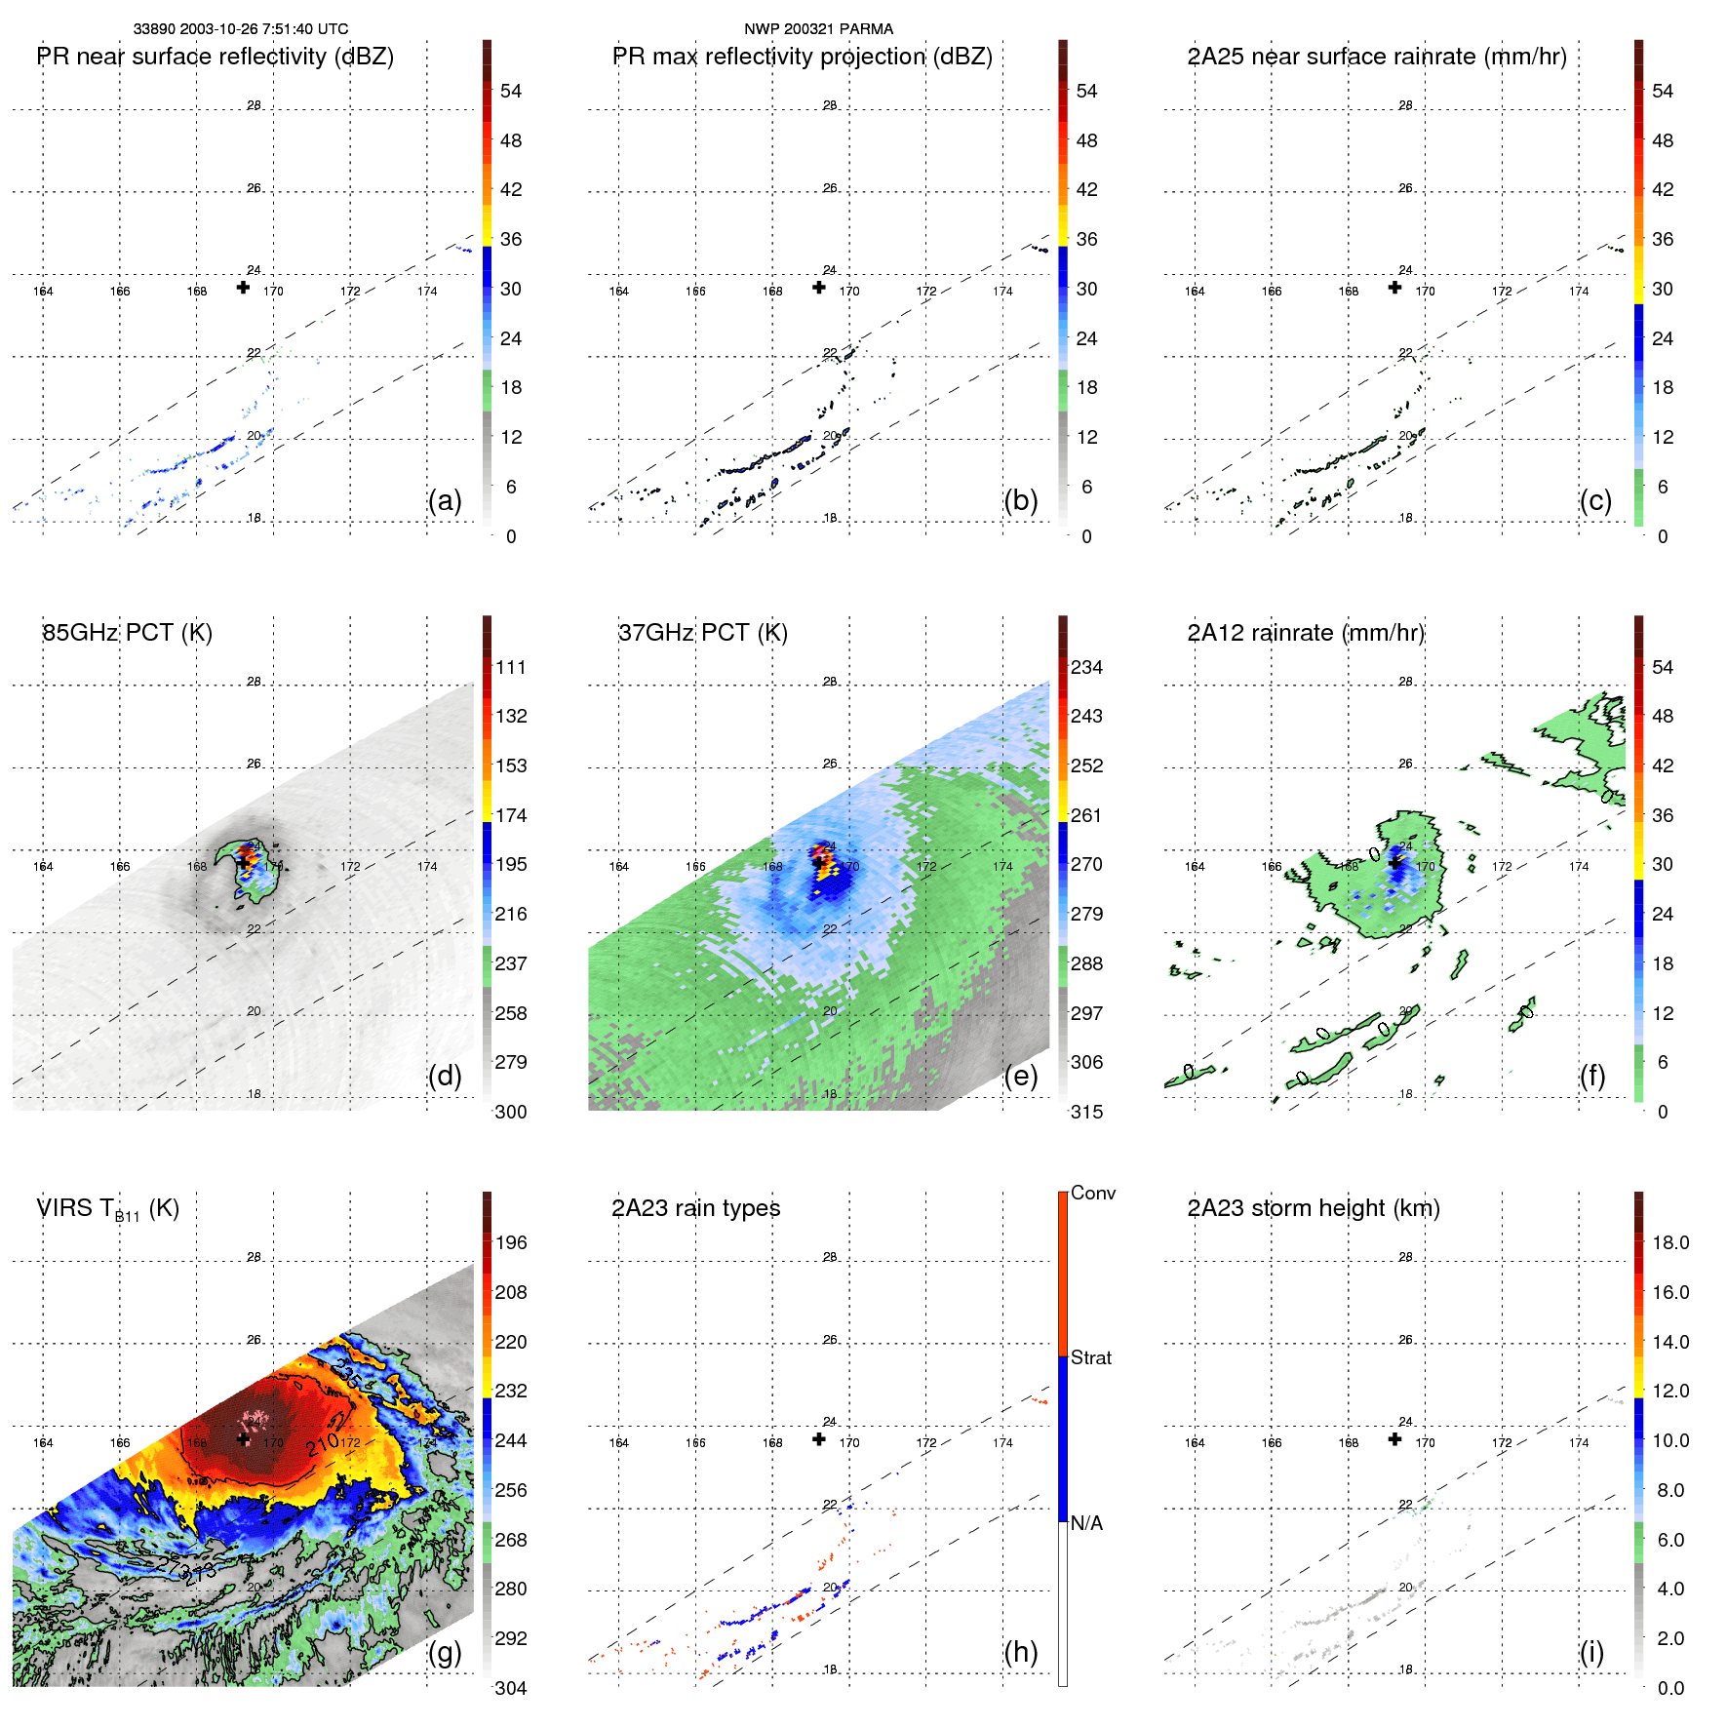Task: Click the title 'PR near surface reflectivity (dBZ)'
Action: click(216, 57)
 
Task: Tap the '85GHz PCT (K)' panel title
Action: click(128, 633)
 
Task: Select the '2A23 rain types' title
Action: click(696, 1208)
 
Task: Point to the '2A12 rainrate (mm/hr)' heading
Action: click(1306, 633)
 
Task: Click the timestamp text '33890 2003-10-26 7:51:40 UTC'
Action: click(241, 29)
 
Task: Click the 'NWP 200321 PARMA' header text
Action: click(819, 29)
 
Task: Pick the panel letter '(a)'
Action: click(445, 500)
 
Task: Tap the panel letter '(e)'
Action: click(1021, 1076)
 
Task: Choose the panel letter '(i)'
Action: click(1591, 1652)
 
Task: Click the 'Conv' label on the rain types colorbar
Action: click(1093, 1193)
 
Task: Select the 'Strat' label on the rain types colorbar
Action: click(1091, 1357)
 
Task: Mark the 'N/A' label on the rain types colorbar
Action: click(1086, 1523)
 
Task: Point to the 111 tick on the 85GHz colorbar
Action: click(511, 667)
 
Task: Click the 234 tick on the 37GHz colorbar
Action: click(1086, 667)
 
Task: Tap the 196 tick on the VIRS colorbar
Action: click(511, 1242)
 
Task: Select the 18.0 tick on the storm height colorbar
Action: click(1670, 1242)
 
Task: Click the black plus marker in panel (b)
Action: click(819, 288)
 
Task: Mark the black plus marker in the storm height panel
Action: click(1395, 1439)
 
